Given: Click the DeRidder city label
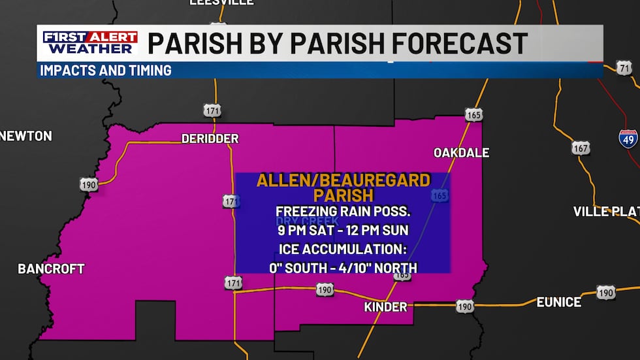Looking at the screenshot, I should pos(210,139).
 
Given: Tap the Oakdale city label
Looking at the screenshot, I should pos(461,152).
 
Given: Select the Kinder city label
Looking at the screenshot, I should pos(385,306).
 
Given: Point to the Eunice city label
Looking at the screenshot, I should pos(558,302).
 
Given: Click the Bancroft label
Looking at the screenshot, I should pos(51,269).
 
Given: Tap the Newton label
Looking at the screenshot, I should pos(26,136).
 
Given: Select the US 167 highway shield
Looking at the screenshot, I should pos(581,148).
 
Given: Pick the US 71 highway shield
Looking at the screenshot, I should pos(624,68).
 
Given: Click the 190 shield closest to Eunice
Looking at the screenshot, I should pos(605,293).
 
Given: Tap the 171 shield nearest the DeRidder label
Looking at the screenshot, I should pos(212,110).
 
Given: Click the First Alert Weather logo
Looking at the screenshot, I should pos(90,43).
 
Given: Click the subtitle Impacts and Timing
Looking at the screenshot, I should pos(106,70).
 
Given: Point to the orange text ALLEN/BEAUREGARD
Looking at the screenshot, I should pos(344,180).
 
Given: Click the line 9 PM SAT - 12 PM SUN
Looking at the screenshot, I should pos(343,230).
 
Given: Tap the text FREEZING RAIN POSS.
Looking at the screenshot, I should pos(343,212).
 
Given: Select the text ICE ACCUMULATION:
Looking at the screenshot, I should pos(343,248).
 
